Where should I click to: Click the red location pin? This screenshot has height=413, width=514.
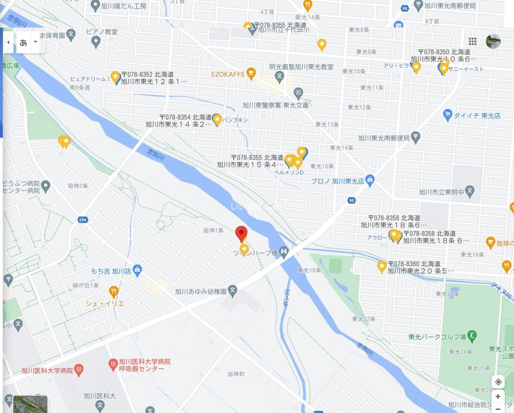coord(241,234)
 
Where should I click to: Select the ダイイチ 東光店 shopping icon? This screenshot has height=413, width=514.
coord(448,114)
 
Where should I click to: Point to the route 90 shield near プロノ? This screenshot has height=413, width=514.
coord(351,201)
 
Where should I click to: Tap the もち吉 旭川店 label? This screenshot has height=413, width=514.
coord(108,271)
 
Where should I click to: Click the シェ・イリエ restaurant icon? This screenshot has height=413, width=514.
coord(113,292)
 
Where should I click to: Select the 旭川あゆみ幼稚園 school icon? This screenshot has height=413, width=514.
coord(232,292)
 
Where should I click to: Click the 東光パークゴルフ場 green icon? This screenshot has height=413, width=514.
coord(472,337)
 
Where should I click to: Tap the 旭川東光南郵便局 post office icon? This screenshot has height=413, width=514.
coord(415,138)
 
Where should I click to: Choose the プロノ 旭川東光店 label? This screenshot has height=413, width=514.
coord(337,181)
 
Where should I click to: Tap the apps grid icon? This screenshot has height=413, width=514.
coord(472,41)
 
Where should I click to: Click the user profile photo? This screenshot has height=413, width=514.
coord(493,41)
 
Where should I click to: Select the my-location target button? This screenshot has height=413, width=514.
coord(498,382)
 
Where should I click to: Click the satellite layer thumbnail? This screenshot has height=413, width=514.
coord(31,404)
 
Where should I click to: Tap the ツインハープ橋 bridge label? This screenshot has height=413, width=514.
coord(254,253)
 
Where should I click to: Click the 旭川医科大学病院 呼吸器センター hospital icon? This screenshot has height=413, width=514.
coord(113,365)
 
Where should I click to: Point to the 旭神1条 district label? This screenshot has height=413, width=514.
coord(213,231)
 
